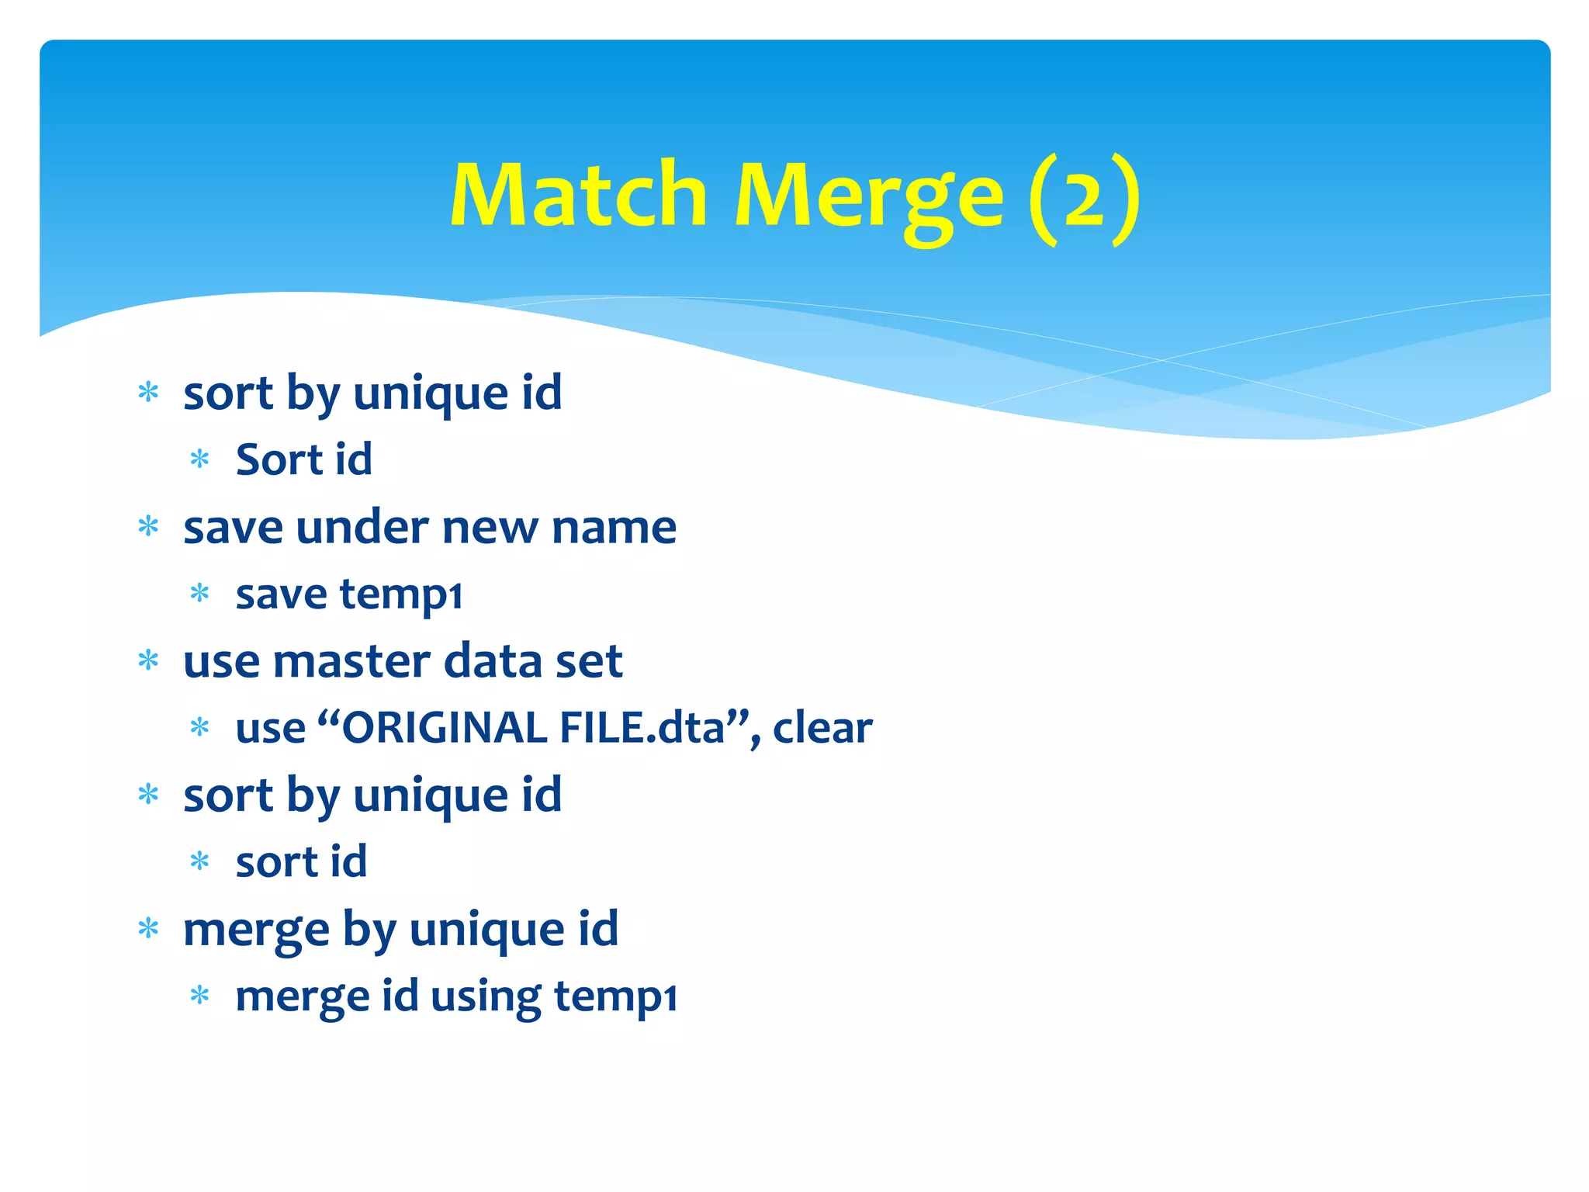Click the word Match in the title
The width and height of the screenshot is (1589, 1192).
[578, 195]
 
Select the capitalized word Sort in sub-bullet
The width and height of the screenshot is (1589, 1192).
[279, 459]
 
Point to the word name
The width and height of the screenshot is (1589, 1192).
[614, 528]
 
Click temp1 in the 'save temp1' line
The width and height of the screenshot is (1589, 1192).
[401, 595]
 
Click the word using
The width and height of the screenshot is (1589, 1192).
[486, 996]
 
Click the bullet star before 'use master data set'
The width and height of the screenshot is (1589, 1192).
[148, 661]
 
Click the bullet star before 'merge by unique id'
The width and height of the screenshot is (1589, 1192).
[148, 928]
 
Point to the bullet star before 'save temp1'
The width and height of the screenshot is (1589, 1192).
[200, 594]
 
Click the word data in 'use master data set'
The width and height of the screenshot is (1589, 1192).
[486, 661]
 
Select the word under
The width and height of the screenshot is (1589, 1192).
[362, 528]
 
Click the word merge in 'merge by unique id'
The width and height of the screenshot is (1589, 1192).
[256, 930]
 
